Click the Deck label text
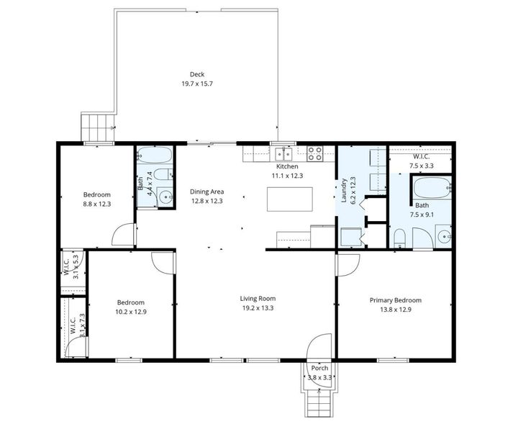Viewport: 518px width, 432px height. click(x=196, y=74)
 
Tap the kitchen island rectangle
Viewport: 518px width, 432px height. click(x=290, y=199)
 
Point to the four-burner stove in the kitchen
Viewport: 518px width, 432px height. click(x=315, y=153)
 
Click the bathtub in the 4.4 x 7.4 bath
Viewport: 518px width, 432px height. click(x=154, y=155)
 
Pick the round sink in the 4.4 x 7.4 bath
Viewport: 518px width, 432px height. click(x=165, y=196)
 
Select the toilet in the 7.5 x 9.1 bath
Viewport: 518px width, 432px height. click(x=401, y=238)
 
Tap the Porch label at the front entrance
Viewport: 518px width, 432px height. click(x=319, y=369)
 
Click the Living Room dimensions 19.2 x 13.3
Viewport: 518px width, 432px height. click(x=258, y=309)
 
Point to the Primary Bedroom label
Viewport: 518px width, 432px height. click(x=395, y=300)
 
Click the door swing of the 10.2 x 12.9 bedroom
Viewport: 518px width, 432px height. click(x=163, y=262)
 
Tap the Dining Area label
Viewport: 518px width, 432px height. click(x=207, y=192)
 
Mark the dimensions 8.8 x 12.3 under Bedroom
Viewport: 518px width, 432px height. click(x=96, y=204)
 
